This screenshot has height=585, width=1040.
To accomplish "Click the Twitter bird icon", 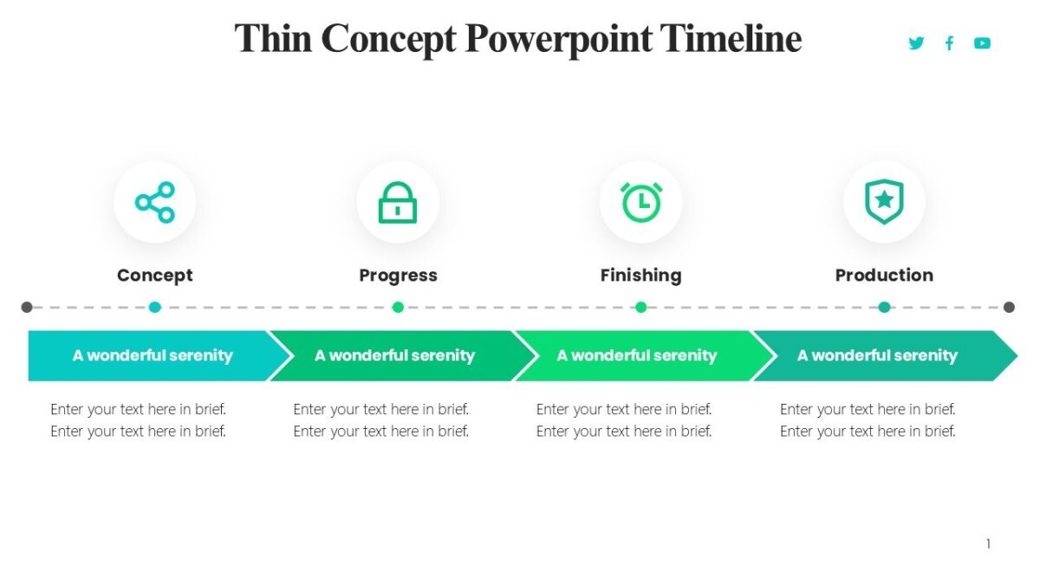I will (916, 43).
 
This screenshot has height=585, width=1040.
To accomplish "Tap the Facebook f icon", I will (949, 43).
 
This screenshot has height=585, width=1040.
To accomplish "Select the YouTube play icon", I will (982, 43).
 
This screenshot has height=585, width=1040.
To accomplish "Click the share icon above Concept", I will (154, 202).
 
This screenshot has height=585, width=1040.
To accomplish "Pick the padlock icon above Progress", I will (398, 202).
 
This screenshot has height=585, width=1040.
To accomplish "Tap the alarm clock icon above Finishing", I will (640, 201).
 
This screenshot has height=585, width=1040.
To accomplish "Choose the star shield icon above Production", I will (884, 201).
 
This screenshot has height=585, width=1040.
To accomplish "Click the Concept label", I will (154, 276).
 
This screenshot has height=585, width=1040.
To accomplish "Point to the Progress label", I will (398, 276).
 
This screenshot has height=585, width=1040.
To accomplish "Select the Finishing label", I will (640, 276).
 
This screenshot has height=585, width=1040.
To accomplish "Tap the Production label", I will (884, 276).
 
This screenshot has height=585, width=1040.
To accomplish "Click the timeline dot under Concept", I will (154, 307).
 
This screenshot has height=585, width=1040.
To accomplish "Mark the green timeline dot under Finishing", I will (640, 307).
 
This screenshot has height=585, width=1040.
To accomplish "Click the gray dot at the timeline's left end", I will (27, 307).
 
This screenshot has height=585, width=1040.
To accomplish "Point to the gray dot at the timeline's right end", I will (1009, 307).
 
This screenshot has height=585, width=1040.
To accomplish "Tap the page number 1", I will (988, 544).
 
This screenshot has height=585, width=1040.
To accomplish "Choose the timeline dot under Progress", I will (398, 307).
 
